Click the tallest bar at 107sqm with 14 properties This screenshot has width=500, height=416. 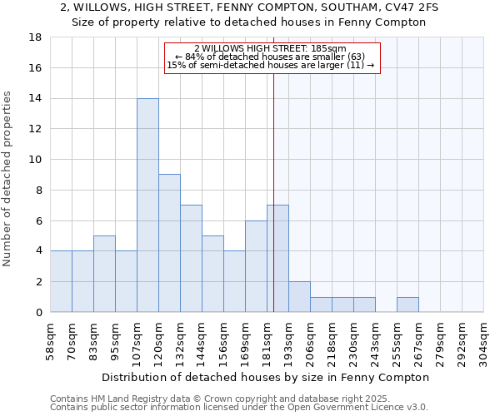point(147,206)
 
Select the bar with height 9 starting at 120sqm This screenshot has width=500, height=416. point(169,243)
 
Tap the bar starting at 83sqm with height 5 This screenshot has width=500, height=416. point(104,274)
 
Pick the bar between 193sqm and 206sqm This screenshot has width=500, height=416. point(299,297)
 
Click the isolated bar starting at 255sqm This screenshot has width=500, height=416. point(407,305)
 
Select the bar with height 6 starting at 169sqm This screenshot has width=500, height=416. point(256,266)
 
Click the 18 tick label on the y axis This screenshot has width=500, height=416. point(35,37)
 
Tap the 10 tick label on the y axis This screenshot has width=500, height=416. point(35,160)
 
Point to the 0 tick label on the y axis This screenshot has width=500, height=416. point(38,313)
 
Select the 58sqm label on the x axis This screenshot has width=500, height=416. point(51,339)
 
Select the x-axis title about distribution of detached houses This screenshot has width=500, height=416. point(267,377)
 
